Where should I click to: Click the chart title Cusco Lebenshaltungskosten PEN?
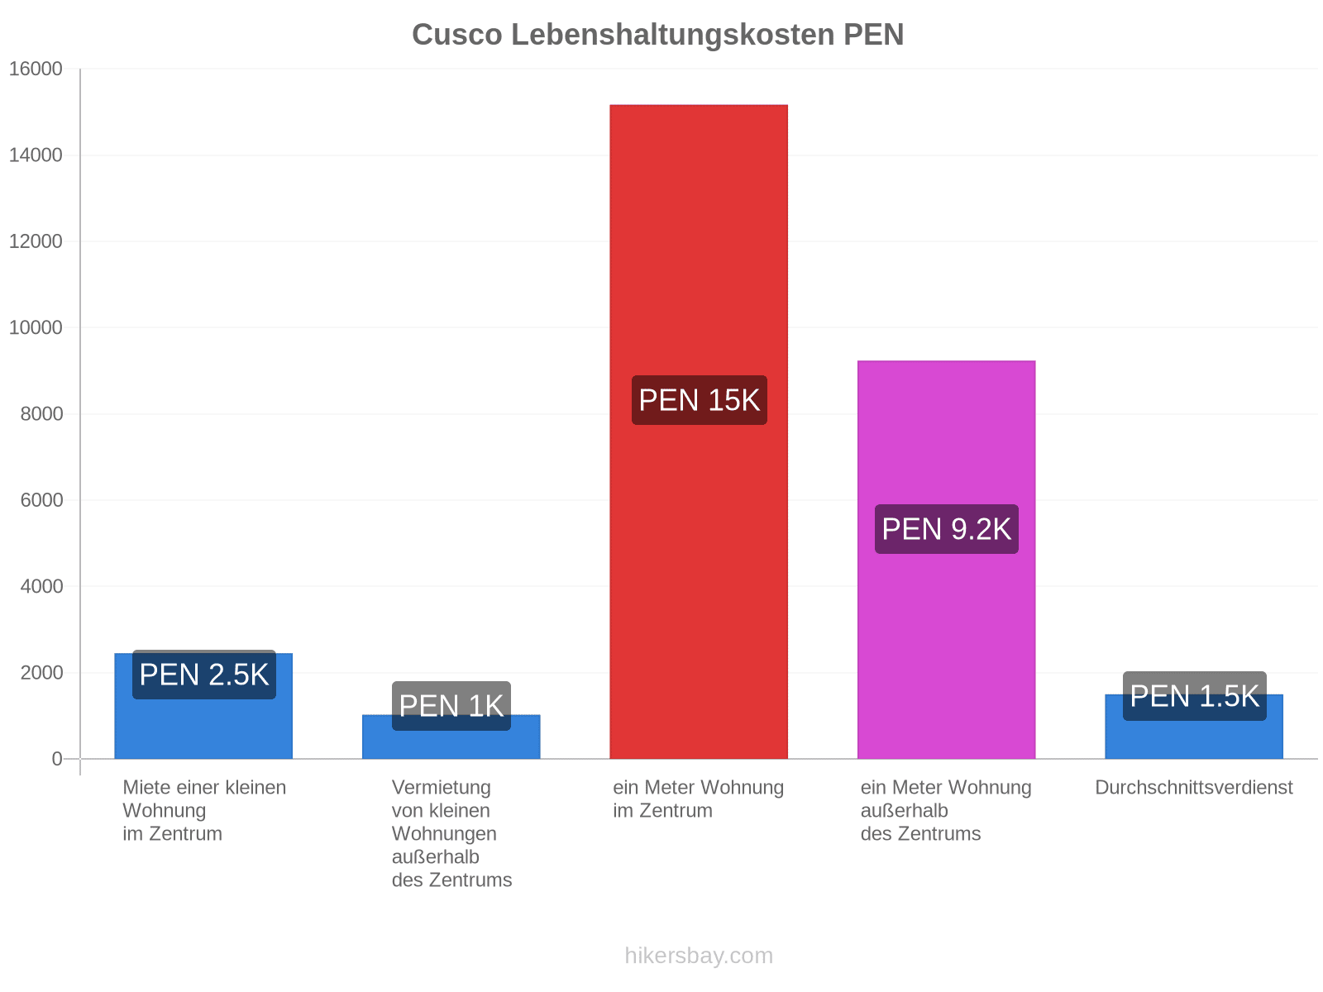(x=657, y=35)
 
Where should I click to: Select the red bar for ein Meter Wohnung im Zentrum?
(x=699, y=432)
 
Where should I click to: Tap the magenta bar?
(x=946, y=560)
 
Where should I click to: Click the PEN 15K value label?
(x=700, y=400)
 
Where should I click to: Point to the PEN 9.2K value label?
(x=946, y=529)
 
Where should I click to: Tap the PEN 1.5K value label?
(x=1195, y=696)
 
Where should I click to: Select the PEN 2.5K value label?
(x=204, y=674)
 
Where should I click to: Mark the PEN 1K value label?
(x=451, y=706)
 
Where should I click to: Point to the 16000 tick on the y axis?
(x=36, y=69)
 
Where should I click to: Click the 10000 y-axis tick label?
(x=36, y=327)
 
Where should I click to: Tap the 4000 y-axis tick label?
(x=41, y=586)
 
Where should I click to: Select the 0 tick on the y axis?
(x=57, y=759)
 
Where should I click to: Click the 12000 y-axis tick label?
(x=36, y=241)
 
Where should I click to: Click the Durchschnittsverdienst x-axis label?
(x=1194, y=787)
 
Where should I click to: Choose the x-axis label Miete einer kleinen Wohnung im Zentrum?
(x=204, y=810)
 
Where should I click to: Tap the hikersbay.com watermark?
(x=699, y=956)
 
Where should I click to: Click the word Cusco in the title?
(x=457, y=35)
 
